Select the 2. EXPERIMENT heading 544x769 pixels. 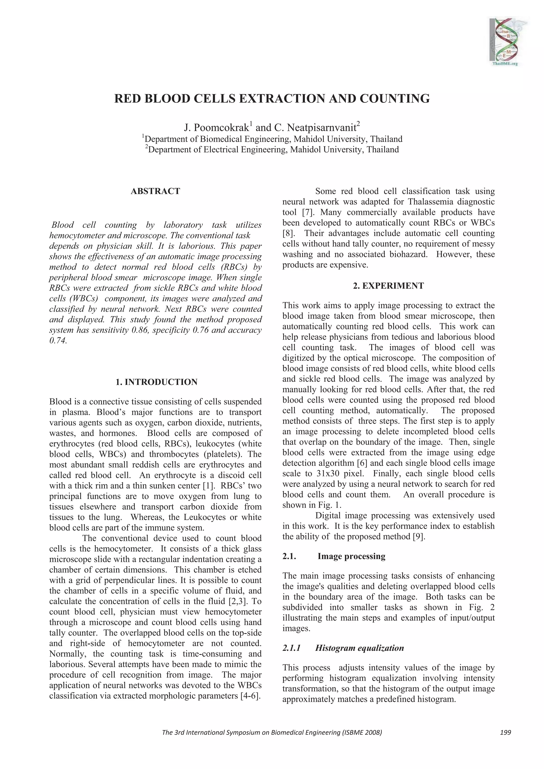click(x=388, y=286)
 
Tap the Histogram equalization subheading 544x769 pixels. click(x=359, y=648)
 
